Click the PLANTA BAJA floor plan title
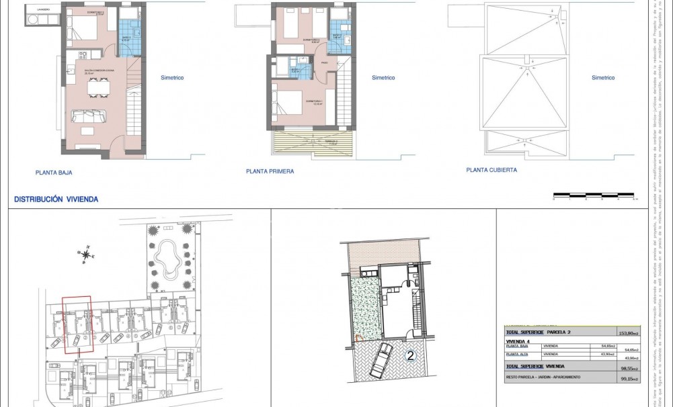pos(54,173)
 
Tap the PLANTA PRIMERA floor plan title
pos(270,172)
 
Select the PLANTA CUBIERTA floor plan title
pos(491,171)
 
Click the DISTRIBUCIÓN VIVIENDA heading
pos(56,199)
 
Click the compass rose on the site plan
pos(85,254)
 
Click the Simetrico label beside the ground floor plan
pos(172,77)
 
